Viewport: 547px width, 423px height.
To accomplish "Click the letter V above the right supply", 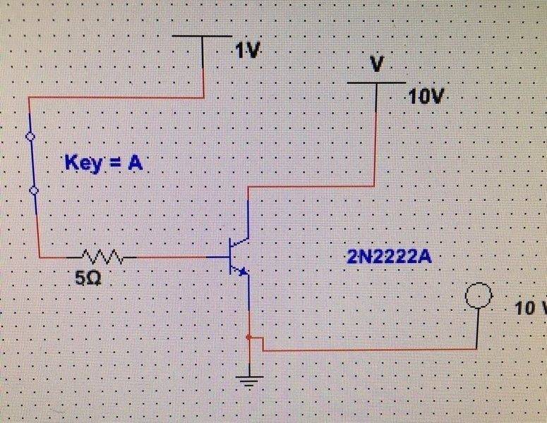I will pyautogui.click(x=378, y=64).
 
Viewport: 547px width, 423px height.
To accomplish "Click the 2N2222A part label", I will pyautogui.click(x=389, y=257).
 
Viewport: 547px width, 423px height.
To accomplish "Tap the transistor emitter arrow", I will pyautogui.click(x=241, y=271).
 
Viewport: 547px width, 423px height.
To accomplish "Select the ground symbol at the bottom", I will pyautogui.click(x=248, y=382).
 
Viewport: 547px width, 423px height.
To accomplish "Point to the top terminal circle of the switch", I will pyautogui.click(x=29, y=136).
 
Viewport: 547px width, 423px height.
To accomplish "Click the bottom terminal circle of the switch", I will pyautogui.click(x=33, y=190).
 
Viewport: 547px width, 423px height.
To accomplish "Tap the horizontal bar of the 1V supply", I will pyautogui.click(x=203, y=36).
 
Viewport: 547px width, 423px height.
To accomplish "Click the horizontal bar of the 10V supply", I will pyautogui.click(x=376, y=82).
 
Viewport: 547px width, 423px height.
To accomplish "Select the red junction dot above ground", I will pyautogui.click(x=248, y=338).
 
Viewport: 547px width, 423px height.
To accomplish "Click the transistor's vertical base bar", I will pyautogui.click(x=232, y=257).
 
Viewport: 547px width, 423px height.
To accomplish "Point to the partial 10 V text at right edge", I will pyautogui.click(x=531, y=308).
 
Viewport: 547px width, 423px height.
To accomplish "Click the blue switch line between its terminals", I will pyautogui.click(x=31, y=163).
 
